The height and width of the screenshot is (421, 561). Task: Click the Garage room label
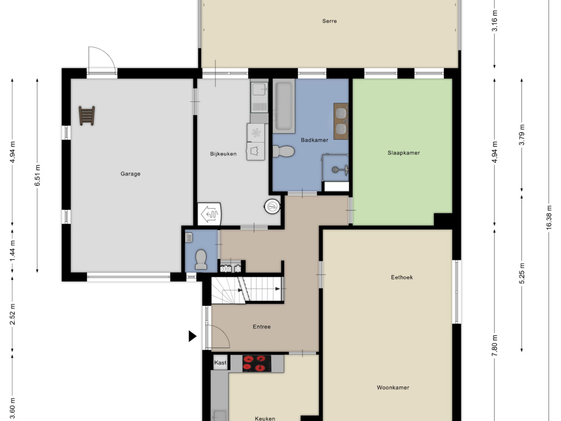130,174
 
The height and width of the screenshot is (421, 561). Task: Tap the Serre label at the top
329,21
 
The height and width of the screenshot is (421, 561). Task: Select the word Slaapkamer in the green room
404,153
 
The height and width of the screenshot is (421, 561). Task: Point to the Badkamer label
314,140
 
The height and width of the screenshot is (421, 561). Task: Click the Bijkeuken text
223,154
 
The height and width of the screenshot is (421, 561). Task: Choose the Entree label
261,327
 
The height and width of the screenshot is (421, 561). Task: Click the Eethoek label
402,277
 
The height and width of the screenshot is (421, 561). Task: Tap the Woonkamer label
393,388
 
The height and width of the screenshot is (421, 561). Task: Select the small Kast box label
220,363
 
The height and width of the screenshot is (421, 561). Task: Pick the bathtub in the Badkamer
284,106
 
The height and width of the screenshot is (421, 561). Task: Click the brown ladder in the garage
87,116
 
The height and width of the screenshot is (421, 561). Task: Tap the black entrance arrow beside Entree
192,336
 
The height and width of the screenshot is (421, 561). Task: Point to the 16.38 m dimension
549,216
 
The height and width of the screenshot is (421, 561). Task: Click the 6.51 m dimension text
37,175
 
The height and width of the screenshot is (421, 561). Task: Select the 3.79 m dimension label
522,135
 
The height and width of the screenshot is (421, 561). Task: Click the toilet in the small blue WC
201,259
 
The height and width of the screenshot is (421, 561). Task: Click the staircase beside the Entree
247,290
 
